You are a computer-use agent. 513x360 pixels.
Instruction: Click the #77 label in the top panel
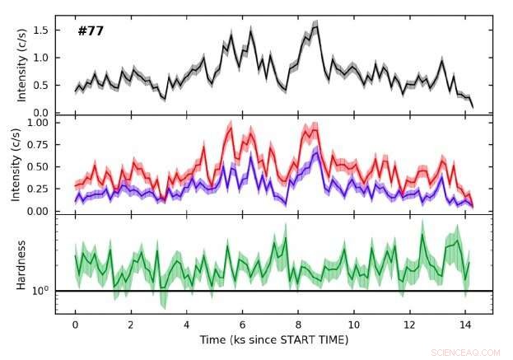pyautogui.click(x=90, y=31)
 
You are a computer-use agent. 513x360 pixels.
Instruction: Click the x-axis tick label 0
pyautogui.click(x=75, y=325)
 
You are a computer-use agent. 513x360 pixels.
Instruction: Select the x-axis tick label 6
pyautogui.click(x=242, y=325)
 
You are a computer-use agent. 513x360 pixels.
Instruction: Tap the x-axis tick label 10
pyautogui.click(x=353, y=325)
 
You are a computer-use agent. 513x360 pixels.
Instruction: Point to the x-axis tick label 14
pyautogui.click(x=465, y=325)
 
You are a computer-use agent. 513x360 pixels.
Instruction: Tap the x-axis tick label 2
pyautogui.click(x=130, y=325)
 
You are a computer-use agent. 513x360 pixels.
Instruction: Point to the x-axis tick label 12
pyautogui.click(x=409, y=325)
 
